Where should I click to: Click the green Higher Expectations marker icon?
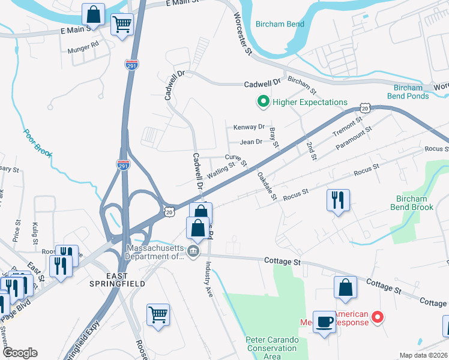pyautogui.click(x=262, y=103)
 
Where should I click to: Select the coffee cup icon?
pyautogui.click(x=325, y=323)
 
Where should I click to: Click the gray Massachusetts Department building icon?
pyautogui.click(x=193, y=251)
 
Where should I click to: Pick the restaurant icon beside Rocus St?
pyautogui.click(x=337, y=200)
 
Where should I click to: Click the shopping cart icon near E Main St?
pyautogui.click(x=122, y=25)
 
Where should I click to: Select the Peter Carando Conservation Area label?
pyautogui.click(x=271, y=347)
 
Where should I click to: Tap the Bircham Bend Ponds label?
pyautogui.click(x=408, y=91)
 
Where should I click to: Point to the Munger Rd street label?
pyautogui.click(x=83, y=46)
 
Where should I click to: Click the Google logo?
pyautogui.click(x=20, y=353)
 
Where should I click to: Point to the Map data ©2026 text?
pyautogui.click(x=423, y=355)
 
